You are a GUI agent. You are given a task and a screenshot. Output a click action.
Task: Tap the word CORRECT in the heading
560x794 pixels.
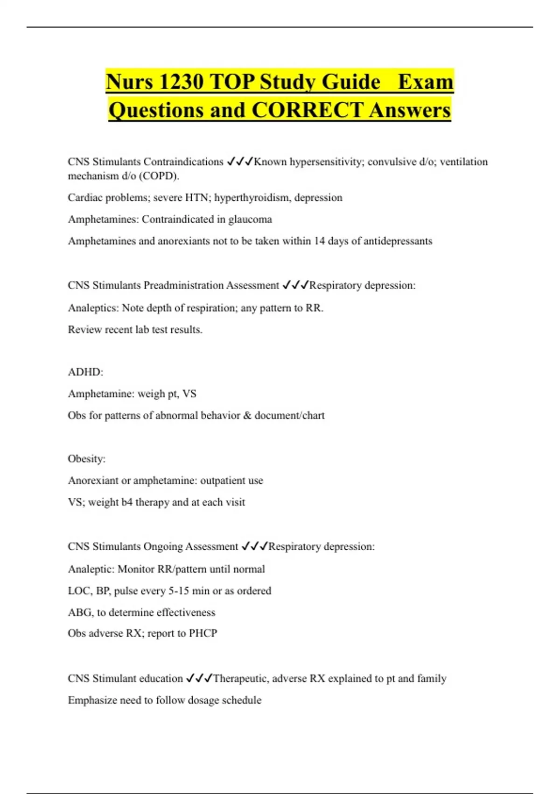coord(307,110)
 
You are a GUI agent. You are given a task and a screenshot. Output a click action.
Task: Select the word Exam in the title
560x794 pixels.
coord(425,82)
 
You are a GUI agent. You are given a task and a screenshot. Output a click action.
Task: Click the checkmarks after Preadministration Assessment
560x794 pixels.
coord(295,285)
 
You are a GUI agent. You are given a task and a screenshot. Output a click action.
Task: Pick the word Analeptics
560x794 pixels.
coord(92,308)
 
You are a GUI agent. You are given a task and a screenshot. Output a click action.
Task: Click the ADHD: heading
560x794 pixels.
coord(85,372)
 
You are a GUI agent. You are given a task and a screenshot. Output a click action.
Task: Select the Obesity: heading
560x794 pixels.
coord(86,459)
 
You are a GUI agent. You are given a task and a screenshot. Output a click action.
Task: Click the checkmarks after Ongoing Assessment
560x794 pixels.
coord(254,546)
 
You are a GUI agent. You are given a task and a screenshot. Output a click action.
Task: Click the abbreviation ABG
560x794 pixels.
coord(80,612)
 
